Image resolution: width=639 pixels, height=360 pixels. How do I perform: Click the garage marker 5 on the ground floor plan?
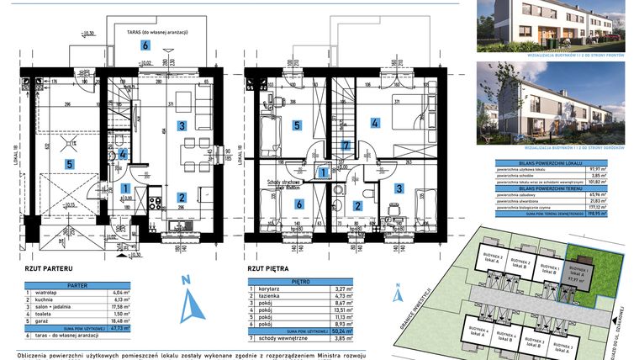[x=71, y=164]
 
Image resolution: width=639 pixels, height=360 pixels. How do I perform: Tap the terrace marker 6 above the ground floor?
[x=145, y=45]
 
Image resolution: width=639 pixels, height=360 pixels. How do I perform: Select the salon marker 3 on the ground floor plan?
[x=180, y=125]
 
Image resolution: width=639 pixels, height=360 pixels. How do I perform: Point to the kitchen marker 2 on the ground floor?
[x=181, y=199]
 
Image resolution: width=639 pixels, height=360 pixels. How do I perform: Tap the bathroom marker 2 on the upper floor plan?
[x=356, y=205]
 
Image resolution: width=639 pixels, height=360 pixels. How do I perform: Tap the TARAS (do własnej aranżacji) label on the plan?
[x=156, y=31]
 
